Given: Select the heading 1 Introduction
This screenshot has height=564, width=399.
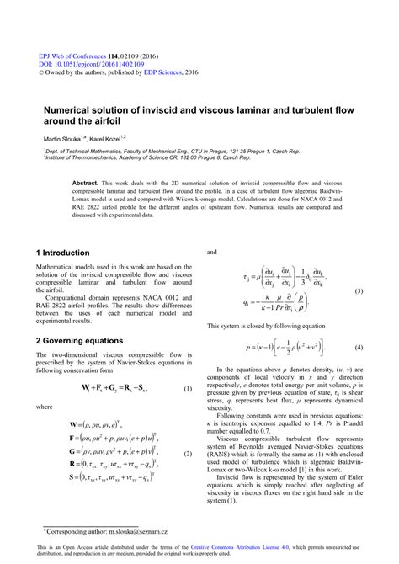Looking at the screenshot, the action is [62, 253].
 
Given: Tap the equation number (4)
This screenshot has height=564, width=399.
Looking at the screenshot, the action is [358, 347].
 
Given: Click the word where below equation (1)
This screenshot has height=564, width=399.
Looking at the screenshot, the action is [45, 407].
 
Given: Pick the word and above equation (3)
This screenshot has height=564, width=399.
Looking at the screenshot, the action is [212, 251].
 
